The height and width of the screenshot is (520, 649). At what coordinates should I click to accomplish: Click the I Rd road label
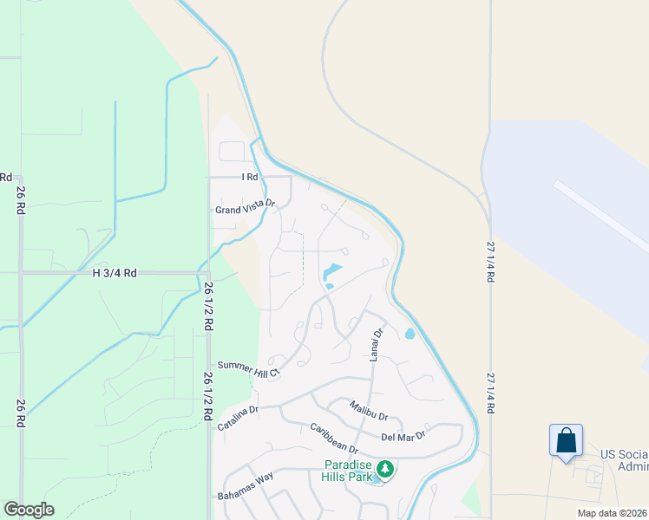click(x=250, y=177)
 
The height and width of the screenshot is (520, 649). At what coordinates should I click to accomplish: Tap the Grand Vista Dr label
click(x=245, y=208)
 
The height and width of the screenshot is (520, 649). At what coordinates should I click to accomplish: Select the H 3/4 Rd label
click(x=115, y=273)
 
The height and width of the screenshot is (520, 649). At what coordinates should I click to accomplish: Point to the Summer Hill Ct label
click(x=249, y=367)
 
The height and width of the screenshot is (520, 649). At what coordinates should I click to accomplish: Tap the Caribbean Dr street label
click(x=334, y=439)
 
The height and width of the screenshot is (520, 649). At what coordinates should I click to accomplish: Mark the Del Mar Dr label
click(x=403, y=436)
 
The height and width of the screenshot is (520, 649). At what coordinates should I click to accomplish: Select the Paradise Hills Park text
click(x=348, y=471)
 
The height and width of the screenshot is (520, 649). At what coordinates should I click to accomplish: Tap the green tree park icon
click(x=384, y=470)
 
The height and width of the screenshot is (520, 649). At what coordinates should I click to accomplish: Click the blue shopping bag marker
click(x=566, y=440)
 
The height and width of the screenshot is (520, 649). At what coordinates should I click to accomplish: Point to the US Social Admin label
click(x=624, y=460)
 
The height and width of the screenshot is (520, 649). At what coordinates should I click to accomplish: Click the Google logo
click(x=29, y=510)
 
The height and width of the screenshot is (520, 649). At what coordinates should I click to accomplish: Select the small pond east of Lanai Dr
click(x=410, y=333)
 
